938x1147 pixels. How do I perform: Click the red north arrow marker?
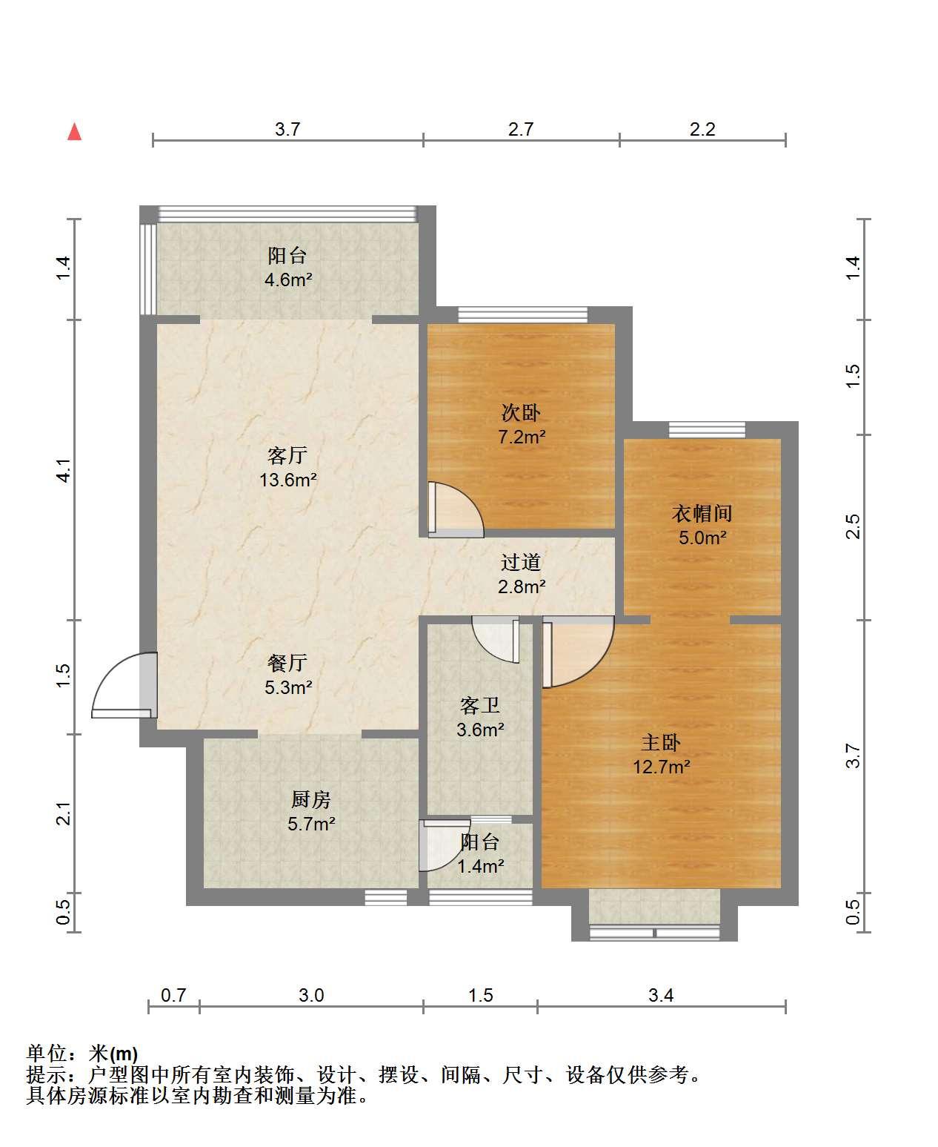[x=74, y=132]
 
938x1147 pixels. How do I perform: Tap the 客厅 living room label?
[x=287, y=455]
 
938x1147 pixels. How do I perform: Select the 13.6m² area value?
[x=288, y=480]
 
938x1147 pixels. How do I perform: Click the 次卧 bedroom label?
[x=521, y=413]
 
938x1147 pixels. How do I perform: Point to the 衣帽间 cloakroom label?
[x=702, y=513]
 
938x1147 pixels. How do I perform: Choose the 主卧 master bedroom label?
[x=661, y=742]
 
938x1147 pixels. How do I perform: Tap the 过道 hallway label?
[x=521, y=562]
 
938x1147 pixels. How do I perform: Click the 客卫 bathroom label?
[x=480, y=705]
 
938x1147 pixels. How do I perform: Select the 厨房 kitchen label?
[x=311, y=799]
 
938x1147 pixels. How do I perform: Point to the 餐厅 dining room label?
[x=287, y=663]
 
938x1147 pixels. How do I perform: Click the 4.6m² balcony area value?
[x=288, y=280]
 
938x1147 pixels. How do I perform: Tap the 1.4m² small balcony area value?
[x=480, y=866]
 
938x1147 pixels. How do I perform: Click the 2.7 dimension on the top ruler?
[x=521, y=129]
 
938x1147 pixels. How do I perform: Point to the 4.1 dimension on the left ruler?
[x=64, y=470]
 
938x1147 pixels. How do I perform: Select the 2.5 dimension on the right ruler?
[x=854, y=526]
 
